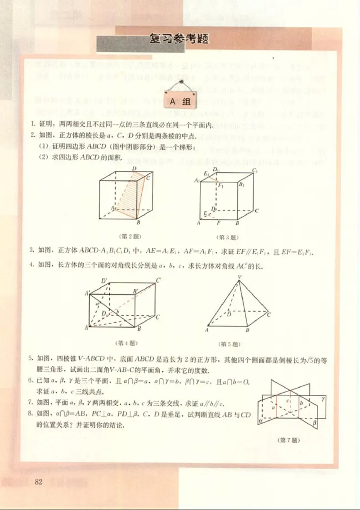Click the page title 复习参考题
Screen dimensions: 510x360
[x=179, y=39]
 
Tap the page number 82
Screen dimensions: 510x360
[x=38, y=482]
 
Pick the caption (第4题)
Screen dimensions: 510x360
[x=126, y=343]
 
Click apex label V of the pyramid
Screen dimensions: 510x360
[x=239, y=277]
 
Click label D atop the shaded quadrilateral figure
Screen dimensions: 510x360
[x=134, y=169]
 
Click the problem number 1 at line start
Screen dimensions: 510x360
[x=32, y=124]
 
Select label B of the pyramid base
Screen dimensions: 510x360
[x=247, y=330]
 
